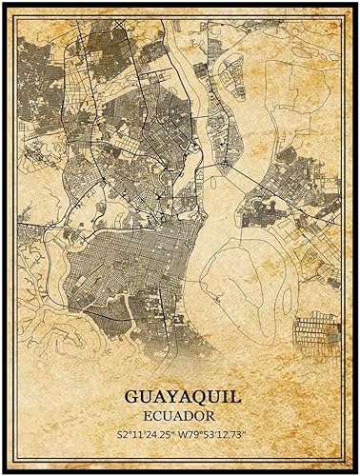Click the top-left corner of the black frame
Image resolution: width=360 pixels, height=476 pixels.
pyautogui.click(x=5, y=5)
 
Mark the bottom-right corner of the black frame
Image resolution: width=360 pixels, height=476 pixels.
pyautogui.click(x=355, y=470)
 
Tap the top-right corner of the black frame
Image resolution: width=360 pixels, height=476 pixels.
pyautogui.click(x=355, y=5)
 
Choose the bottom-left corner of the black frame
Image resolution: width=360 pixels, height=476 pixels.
pyautogui.click(x=5, y=470)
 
